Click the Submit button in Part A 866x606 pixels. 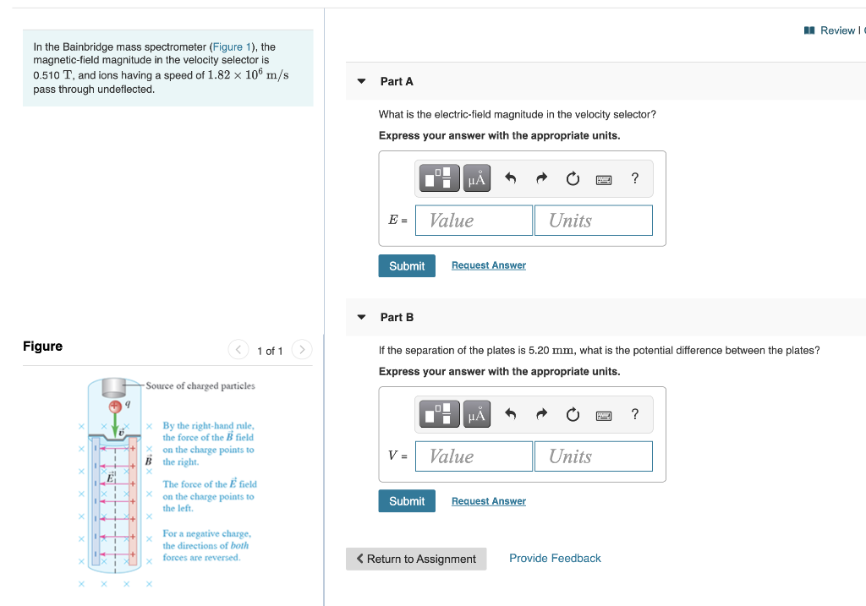407,265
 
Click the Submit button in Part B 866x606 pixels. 407,501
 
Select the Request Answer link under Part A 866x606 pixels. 488,265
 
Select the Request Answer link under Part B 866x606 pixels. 488,501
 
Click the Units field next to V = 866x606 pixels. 593,456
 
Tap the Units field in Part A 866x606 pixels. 593,221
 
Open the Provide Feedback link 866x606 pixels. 555,558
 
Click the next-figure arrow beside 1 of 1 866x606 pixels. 303,350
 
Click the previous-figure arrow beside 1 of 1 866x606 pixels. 238,350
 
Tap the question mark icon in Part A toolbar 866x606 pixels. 635,177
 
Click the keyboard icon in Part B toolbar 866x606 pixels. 604,414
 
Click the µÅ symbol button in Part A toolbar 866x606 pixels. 477,178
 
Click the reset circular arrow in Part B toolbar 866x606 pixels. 573,414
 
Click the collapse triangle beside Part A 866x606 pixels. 362,81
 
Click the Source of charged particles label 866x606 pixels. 200,386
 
